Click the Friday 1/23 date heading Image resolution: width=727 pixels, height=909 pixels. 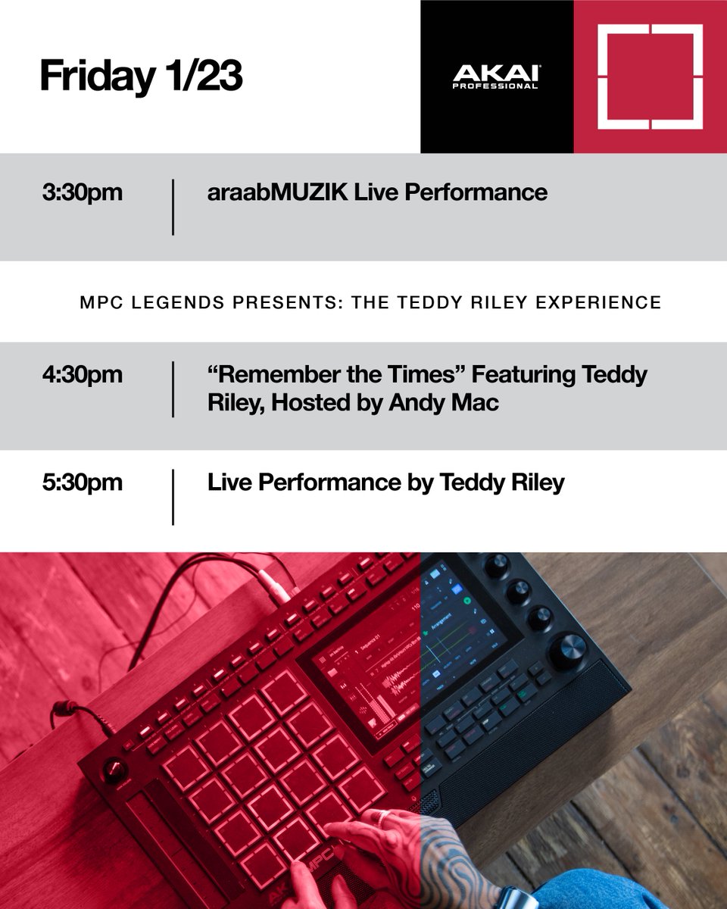[x=141, y=77]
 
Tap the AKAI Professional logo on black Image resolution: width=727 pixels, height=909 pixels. [x=496, y=77]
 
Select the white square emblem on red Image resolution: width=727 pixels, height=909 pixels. [x=650, y=77]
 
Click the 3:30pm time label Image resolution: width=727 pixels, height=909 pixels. [x=83, y=192]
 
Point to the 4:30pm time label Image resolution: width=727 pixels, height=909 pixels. [x=83, y=374]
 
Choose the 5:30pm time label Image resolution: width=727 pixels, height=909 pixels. [x=83, y=483]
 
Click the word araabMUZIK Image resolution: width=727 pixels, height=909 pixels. [x=277, y=192]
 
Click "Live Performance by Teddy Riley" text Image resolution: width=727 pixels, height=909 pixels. [x=385, y=483]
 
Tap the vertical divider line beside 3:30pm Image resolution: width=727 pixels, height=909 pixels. [x=173, y=207]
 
